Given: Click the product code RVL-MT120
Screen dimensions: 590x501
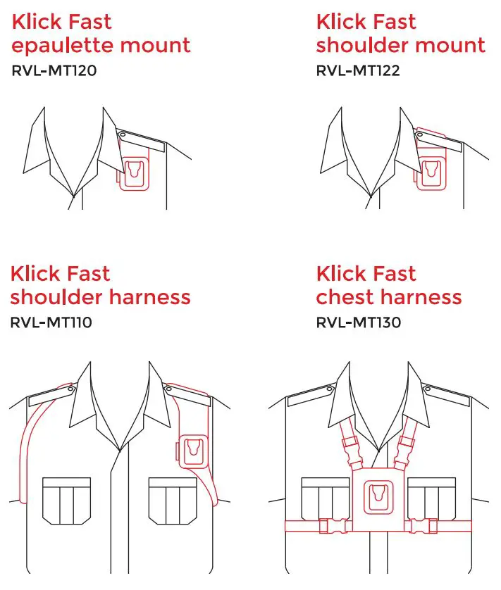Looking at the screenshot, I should pos(54,71).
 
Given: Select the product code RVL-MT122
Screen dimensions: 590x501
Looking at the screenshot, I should pos(358,71).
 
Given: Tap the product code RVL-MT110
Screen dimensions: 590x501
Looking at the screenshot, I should pos(51,323).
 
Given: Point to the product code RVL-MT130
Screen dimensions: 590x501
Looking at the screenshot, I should pos(359,323).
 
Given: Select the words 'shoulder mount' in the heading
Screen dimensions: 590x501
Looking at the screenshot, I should pos(400,46).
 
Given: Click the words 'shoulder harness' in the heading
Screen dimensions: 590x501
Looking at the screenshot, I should pos(100,297).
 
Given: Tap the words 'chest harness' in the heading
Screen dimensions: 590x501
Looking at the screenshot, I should pos(389,297).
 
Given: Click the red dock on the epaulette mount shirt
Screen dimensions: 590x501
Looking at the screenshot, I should pos(134,170).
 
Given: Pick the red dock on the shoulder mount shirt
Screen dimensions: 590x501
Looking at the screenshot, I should pos(430,170).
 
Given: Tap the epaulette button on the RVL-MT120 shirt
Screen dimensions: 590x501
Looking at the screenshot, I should pos(122,134).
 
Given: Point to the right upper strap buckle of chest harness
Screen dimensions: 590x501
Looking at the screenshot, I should pos(405,445).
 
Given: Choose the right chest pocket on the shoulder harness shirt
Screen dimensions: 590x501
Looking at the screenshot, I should pos(171,500).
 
